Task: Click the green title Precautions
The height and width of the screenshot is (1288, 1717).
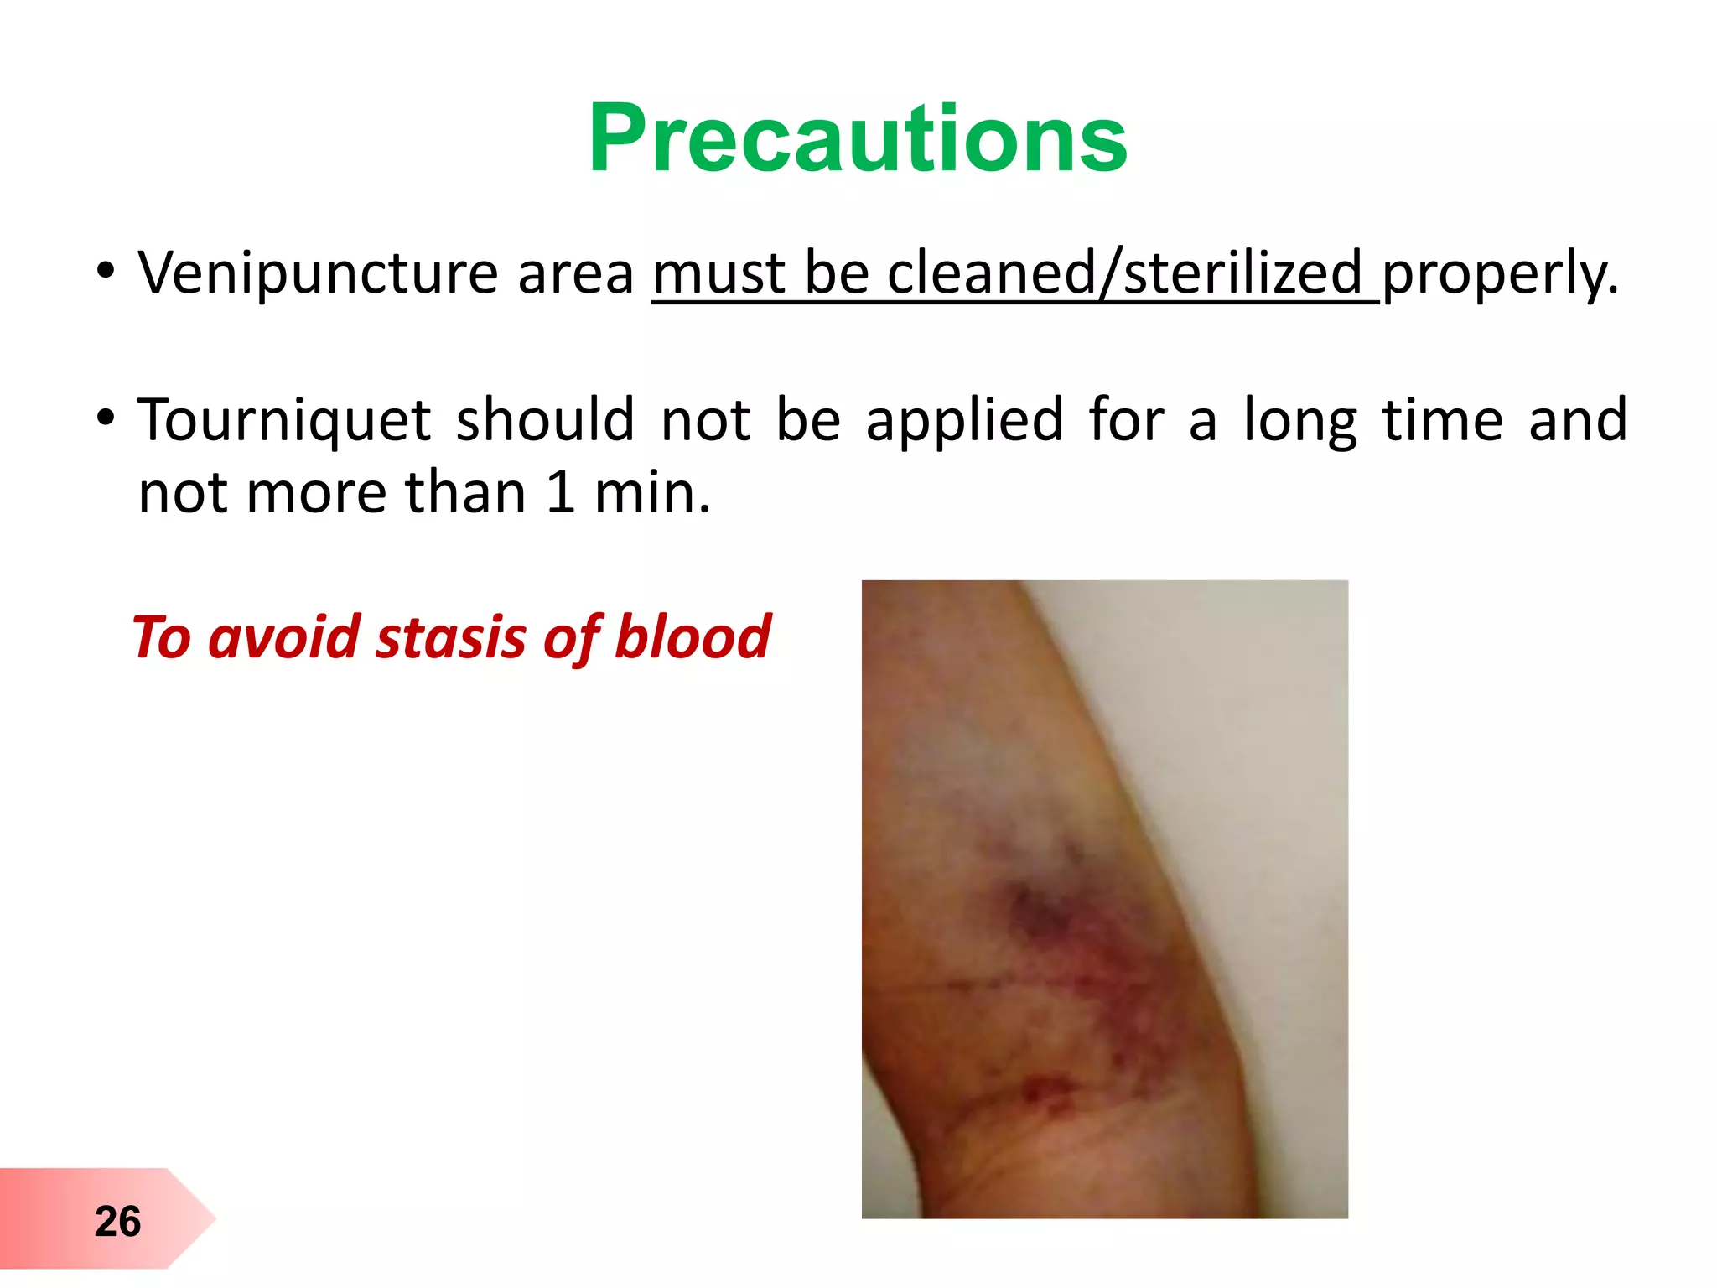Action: pos(858,138)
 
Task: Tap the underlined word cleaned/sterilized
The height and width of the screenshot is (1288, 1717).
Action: pos(1124,273)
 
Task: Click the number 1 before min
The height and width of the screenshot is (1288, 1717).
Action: pos(560,493)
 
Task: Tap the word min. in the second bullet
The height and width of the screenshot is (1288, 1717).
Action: pos(652,493)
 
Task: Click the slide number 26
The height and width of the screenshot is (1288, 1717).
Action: pos(117,1221)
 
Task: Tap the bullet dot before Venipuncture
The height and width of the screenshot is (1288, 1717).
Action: pos(105,271)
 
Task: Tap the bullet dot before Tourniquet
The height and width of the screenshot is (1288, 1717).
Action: pos(105,418)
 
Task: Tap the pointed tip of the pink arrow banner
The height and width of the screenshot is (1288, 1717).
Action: pos(214,1218)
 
